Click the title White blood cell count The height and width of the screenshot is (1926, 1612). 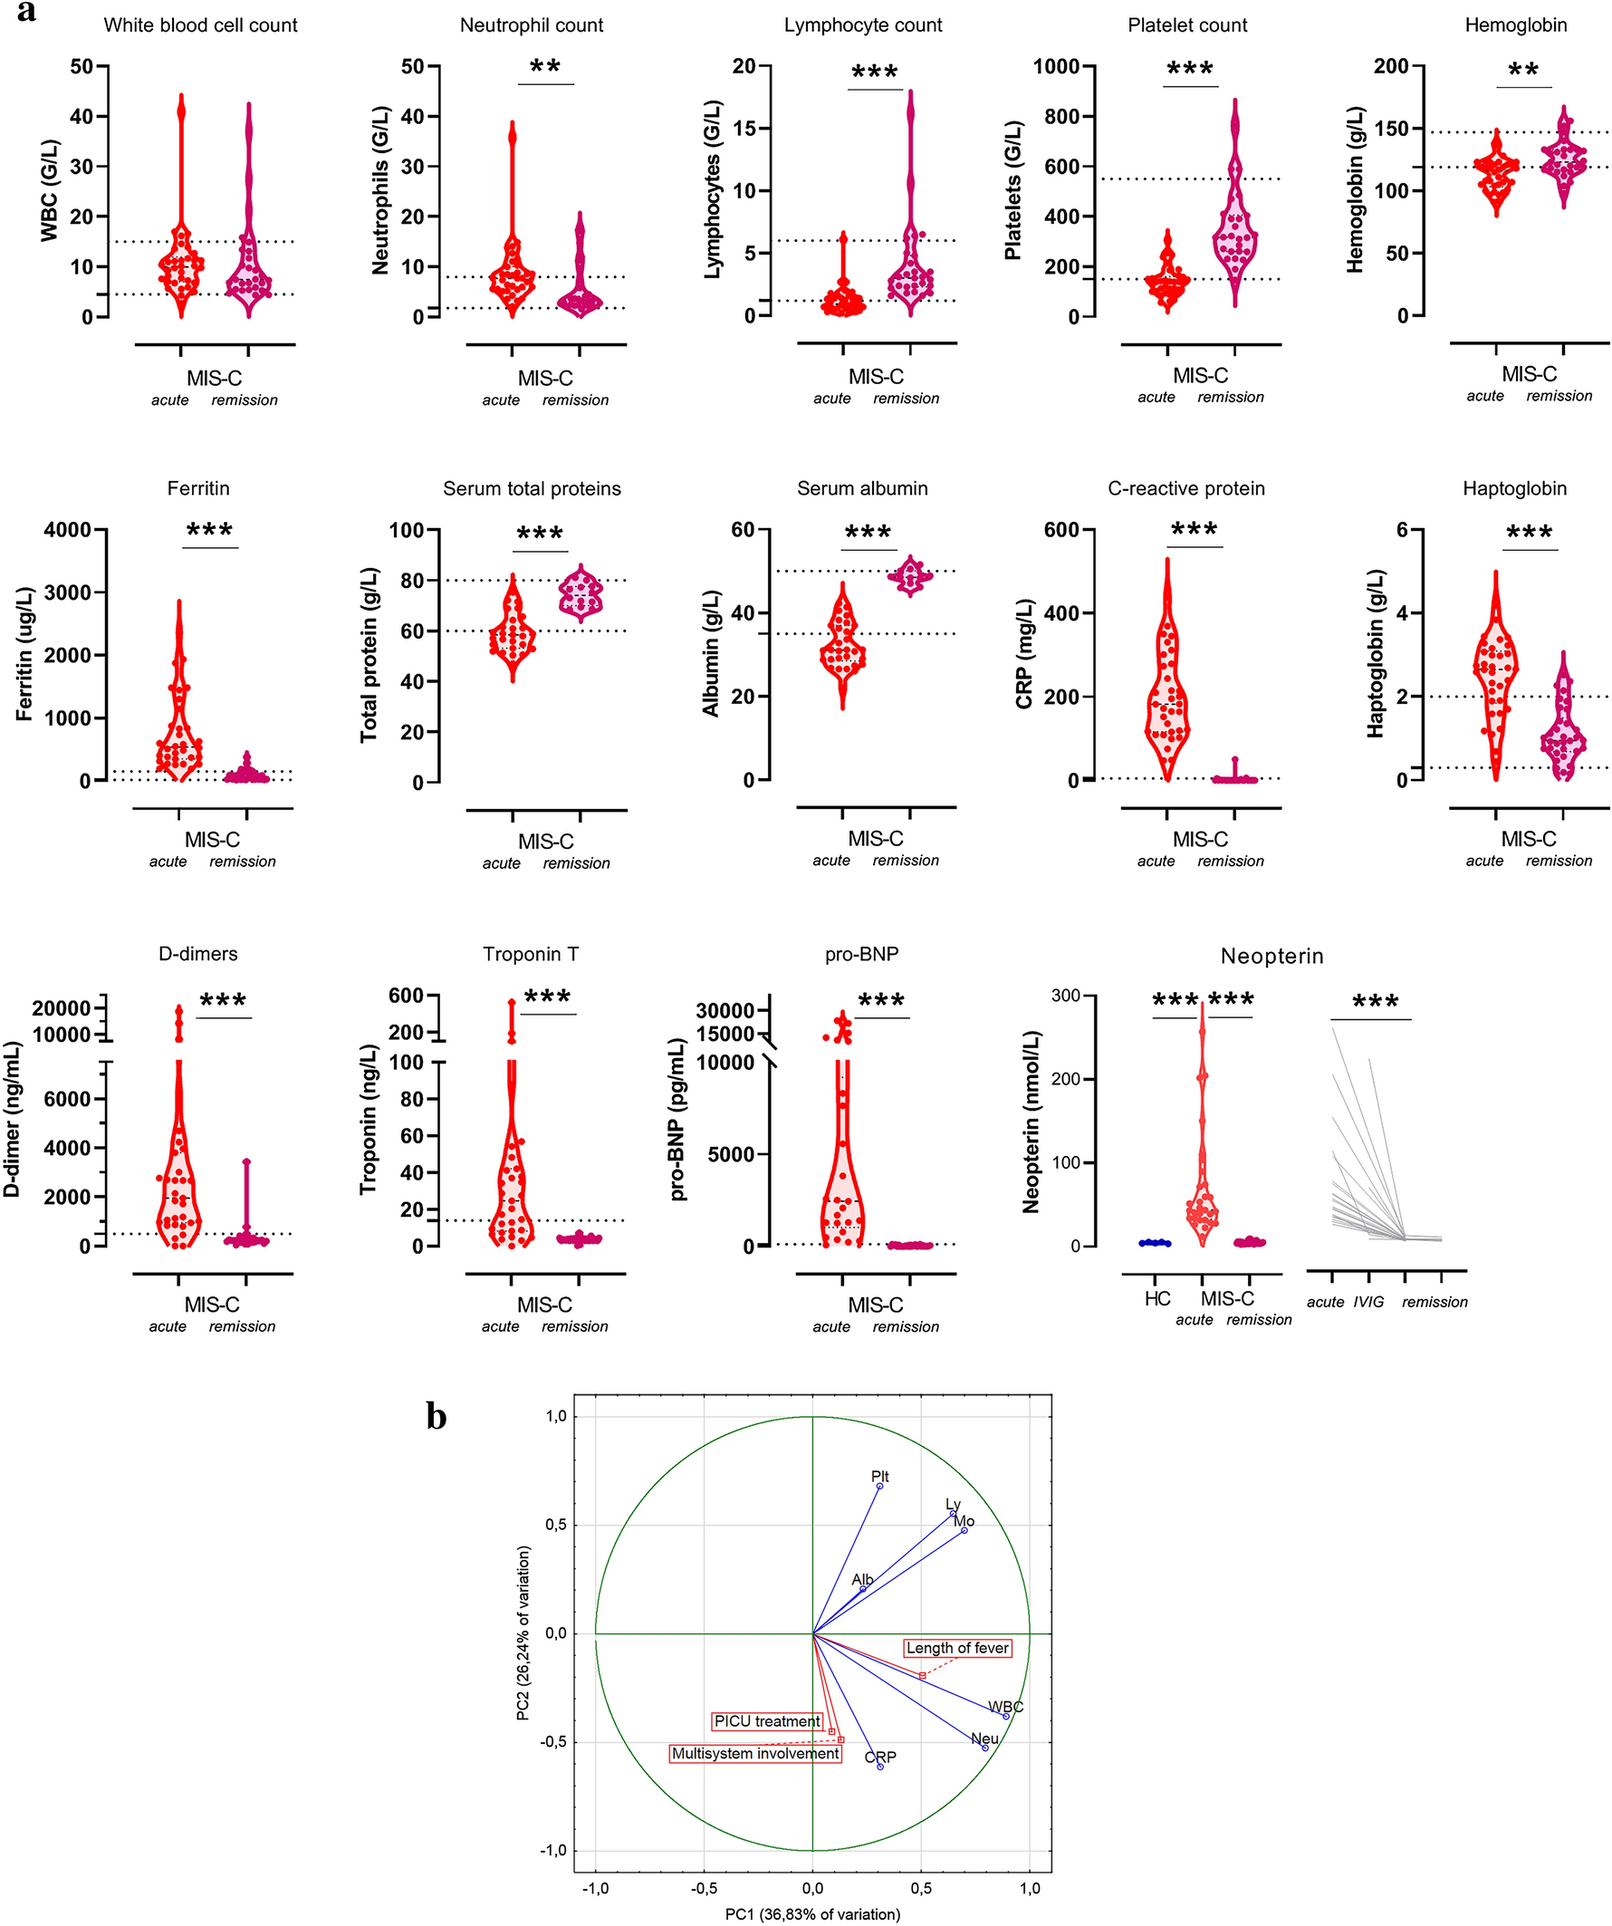click(200, 25)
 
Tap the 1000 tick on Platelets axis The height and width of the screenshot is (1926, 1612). click(1063, 66)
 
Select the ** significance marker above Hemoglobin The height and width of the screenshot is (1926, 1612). click(1523, 71)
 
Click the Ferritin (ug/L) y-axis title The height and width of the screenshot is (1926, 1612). click(24, 654)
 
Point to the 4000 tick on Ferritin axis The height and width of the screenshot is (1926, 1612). click(67, 530)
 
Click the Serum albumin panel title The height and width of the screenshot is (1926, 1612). click(862, 489)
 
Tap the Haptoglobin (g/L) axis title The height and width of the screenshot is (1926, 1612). click(1376, 654)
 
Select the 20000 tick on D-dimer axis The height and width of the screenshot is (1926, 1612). click(62, 1008)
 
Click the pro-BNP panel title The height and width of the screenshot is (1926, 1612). click(861, 954)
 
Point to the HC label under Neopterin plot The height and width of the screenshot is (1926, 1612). click(1157, 1299)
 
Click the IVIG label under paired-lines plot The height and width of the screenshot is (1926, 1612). click(1368, 1303)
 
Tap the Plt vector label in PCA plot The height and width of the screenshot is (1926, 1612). click(879, 1477)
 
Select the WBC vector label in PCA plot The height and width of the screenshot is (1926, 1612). click(1005, 1707)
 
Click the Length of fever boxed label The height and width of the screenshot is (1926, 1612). click(957, 1648)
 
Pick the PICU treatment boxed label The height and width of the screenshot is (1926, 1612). click(766, 1721)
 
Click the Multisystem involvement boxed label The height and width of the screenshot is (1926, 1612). click(755, 1754)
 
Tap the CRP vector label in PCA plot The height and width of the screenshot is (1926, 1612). click(880, 1757)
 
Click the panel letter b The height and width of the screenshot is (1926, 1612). click(437, 1417)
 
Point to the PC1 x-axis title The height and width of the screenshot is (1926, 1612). click(812, 1914)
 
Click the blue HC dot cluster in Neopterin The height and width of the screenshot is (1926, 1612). click(1155, 1243)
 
